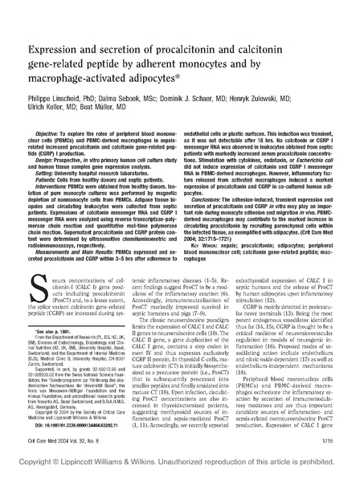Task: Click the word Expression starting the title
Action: (55, 30)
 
